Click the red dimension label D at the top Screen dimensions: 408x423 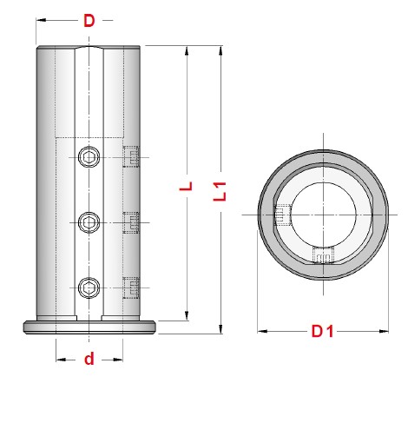(89, 21)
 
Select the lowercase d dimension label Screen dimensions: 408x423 (89, 359)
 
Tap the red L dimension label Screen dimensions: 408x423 (186, 186)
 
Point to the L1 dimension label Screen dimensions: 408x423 (220, 191)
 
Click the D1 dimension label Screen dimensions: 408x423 (322, 331)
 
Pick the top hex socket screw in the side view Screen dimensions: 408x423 (89, 157)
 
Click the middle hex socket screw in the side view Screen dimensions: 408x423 (89, 222)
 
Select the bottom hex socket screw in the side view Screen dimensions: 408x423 (89, 288)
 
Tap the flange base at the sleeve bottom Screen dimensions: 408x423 (89, 327)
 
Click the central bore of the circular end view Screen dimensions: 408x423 (323, 215)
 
